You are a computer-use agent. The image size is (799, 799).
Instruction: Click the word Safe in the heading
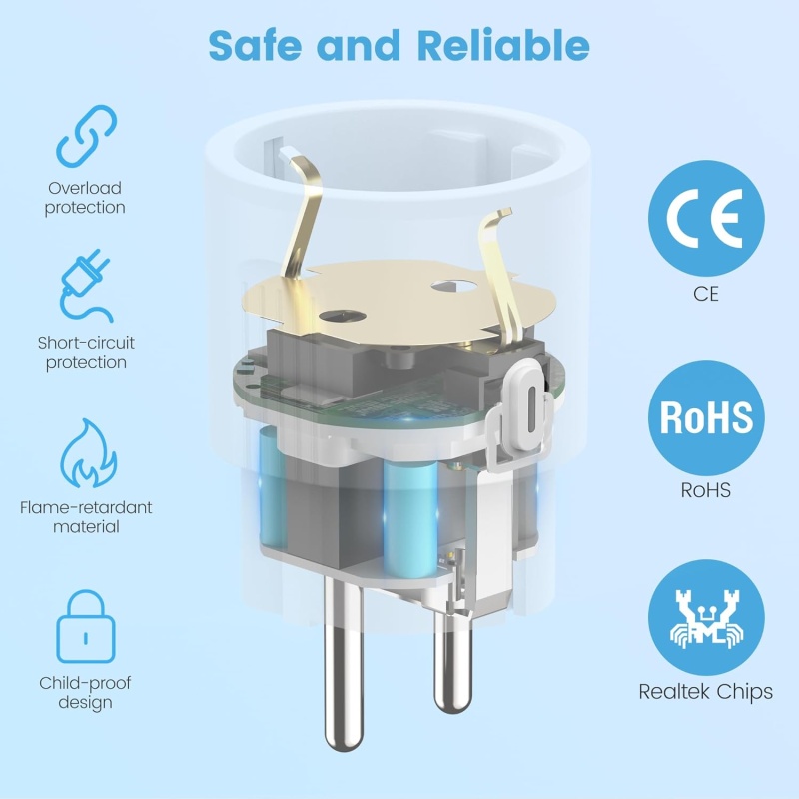[255, 45]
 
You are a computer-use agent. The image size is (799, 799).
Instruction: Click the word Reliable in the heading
[503, 45]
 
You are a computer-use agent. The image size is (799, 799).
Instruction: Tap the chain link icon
[86, 136]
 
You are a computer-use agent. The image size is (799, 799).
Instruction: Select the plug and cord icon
[85, 286]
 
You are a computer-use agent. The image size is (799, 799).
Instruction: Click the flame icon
[88, 453]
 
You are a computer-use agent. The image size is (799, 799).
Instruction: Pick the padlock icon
[86, 627]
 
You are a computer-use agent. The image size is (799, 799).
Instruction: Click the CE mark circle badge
[706, 218]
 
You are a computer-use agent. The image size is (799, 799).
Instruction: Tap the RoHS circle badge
[706, 417]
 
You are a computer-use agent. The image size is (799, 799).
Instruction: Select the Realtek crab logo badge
[706, 617]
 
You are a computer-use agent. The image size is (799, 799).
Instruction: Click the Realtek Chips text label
[706, 692]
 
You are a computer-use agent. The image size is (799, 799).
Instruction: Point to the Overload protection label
[85, 198]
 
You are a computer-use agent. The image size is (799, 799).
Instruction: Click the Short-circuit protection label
[86, 353]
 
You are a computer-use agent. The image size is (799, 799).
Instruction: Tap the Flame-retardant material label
[86, 517]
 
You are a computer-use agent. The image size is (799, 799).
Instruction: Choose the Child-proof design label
[85, 693]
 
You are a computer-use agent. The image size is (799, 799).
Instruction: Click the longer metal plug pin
[344, 662]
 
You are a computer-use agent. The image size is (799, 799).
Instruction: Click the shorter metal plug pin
[453, 657]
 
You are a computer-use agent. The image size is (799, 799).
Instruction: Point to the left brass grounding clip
[302, 217]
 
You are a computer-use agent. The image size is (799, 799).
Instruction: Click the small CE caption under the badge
[706, 294]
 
